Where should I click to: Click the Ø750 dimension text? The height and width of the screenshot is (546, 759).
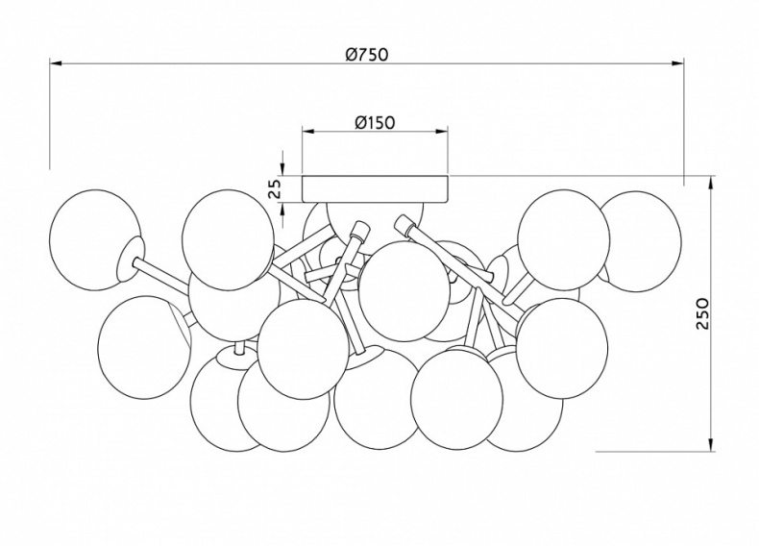pyautogui.click(x=366, y=55)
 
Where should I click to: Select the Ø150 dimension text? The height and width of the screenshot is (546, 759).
pyautogui.click(x=375, y=122)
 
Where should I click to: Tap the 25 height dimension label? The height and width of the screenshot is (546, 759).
pyautogui.click(x=274, y=187)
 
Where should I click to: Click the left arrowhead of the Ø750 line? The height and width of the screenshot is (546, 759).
pyautogui.click(x=55, y=64)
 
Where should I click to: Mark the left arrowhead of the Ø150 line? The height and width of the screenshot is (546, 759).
pyautogui.click(x=306, y=132)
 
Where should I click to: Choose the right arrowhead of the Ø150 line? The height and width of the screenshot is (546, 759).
pyautogui.click(x=443, y=132)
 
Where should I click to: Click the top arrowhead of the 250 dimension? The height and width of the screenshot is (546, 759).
pyautogui.click(x=712, y=181)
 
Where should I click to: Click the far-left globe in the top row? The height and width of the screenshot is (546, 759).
pyautogui.click(x=93, y=240)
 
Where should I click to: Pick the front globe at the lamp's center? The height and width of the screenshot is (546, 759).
pyautogui.click(x=404, y=290)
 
